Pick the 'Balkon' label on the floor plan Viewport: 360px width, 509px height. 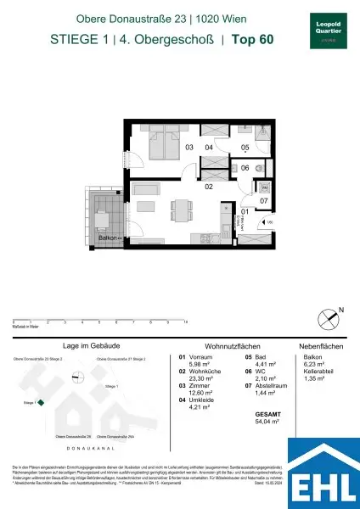[105, 240]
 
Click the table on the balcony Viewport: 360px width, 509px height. [99, 220]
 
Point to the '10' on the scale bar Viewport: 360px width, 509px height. [185, 323]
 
